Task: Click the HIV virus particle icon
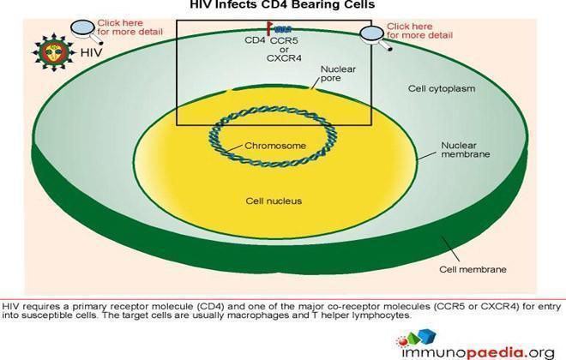pos(54,52)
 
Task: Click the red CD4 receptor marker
pos(269,28)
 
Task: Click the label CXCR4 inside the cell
pos(284,58)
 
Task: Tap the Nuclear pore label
pos(338,74)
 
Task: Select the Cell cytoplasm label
pos(442,88)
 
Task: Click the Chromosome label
pos(275,146)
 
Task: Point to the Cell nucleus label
pos(274,201)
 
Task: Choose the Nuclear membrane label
pos(466,150)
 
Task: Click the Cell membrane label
pos(473,269)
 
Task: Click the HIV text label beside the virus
pos(91,52)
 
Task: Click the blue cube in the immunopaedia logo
pos(427,336)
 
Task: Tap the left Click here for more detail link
pos(130,27)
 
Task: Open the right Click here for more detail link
pos(420,31)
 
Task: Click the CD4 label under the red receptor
pos(255,40)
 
